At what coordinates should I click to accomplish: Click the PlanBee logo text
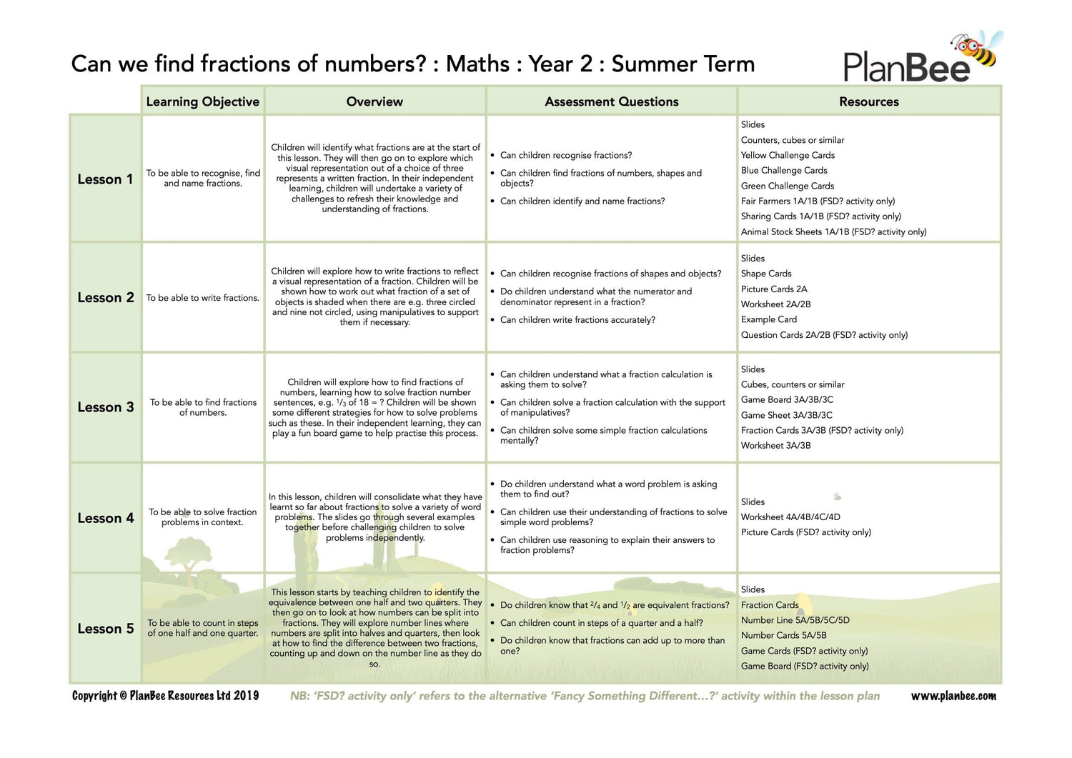tap(906, 66)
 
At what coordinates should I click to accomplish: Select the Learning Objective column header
tap(202, 101)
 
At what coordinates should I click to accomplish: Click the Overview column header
tap(374, 101)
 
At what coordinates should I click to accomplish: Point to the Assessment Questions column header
tap(612, 101)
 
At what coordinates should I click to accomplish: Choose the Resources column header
tap(869, 101)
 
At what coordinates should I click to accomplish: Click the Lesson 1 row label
tap(105, 179)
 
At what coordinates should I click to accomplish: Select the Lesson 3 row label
tap(106, 407)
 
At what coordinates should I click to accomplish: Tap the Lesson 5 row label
tap(106, 629)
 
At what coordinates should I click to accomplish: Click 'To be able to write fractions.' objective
tap(203, 298)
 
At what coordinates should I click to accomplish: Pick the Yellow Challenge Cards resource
tap(788, 155)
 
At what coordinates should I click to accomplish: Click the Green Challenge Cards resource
tap(788, 186)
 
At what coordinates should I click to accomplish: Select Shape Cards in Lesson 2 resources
tap(766, 274)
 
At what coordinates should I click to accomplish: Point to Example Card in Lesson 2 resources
tap(769, 319)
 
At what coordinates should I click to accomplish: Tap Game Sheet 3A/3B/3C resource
tap(787, 415)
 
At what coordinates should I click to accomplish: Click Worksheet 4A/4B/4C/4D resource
tap(790, 517)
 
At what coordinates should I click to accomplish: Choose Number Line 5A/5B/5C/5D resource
tap(795, 620)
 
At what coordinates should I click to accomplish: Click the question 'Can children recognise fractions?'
tap(566, 155)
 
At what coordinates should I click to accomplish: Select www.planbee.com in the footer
tap(953, 696)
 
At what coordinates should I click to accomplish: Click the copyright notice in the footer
tap(165, 696)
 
